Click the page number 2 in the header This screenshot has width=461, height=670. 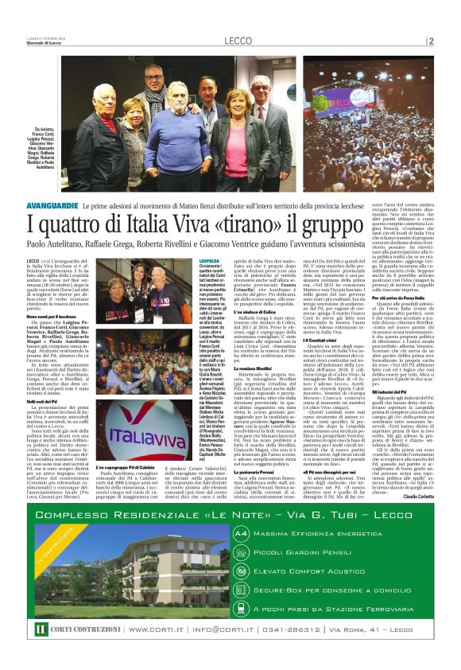point(431,41)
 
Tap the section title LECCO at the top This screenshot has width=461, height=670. point(238,41)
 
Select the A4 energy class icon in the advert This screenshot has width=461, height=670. point(242,533)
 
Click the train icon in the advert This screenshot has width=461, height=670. point(242,608)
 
